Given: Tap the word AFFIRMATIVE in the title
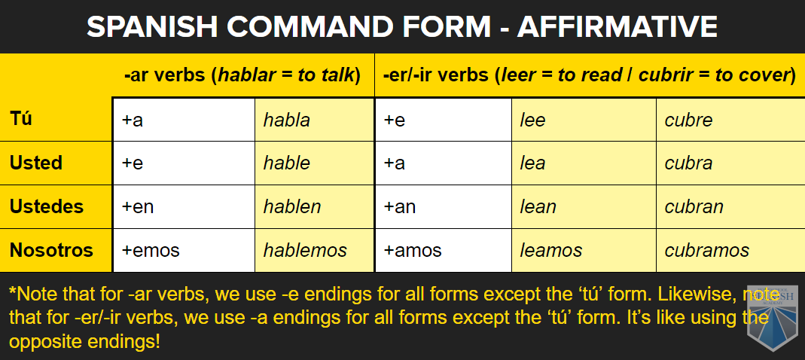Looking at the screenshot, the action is (617, 26).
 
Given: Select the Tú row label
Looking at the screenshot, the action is (20, 119).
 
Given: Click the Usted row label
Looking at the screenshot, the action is (36, 163).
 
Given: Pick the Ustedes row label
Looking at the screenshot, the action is (46, 206).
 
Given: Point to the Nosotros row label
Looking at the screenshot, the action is (51, 250).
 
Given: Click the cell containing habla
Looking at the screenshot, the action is (314, 119).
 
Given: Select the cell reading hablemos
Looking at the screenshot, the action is (314, 251).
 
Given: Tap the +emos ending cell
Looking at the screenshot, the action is (184, 251).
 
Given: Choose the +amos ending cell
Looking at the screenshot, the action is (444, 251).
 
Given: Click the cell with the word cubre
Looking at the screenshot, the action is (730, 119).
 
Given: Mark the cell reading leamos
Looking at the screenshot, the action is (584, 251).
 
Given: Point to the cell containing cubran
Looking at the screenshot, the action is (730, 207).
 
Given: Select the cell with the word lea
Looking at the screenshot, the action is (584, 163).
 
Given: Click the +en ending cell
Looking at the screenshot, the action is (184, 207).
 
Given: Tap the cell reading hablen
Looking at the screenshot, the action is (314, 207).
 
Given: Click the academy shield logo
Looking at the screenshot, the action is (772, 319).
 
